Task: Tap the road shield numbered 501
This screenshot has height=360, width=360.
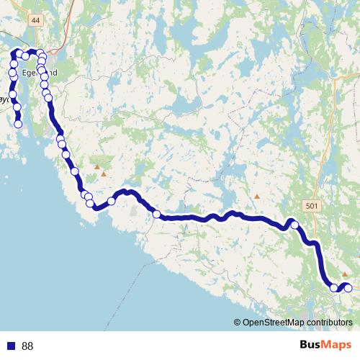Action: click(x=310, y=206)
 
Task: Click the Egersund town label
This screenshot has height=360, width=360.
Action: click(x=35, y=73)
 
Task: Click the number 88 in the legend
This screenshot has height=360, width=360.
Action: click(x=27, y=346)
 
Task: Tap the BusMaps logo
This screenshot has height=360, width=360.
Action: click(x=325, y=346)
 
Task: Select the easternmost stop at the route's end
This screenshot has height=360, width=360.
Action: click(x=348, y=288)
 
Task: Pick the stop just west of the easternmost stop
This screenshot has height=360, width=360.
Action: click(x=334, y=288)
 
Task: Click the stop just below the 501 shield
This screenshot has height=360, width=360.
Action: click(x=294, y=225)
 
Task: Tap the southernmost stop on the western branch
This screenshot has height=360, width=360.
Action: click(x=19, y=124)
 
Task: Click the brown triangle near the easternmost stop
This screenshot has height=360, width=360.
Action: click(x=345, y=274)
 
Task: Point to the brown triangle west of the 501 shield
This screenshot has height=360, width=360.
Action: click(x=257, y=196)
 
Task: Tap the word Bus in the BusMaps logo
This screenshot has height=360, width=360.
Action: click(x=310, y=346)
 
